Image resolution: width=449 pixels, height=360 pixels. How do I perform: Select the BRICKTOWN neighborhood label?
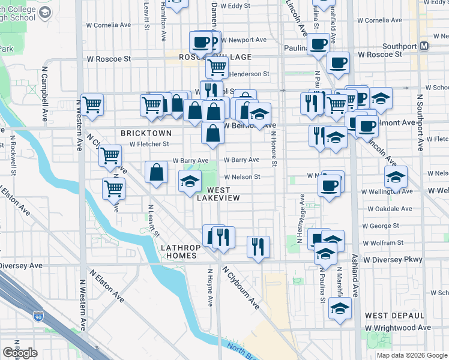point(146,133)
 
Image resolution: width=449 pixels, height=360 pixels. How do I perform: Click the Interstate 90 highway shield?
point(38,315)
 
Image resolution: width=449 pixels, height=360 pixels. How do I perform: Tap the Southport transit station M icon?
point(424,46)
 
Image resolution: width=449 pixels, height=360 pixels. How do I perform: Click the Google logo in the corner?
point(20,353)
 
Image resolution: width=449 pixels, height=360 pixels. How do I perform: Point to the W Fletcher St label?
point(149,144)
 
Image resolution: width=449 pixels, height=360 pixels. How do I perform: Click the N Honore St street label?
point(274,149)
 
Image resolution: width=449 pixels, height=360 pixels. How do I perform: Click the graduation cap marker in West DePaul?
point(340,308)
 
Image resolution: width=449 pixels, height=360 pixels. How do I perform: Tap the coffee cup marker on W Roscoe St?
point(338,62)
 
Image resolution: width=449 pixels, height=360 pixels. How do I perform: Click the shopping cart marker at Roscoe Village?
point(217,67)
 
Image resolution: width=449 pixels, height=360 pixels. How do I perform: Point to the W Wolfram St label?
point(383,243)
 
